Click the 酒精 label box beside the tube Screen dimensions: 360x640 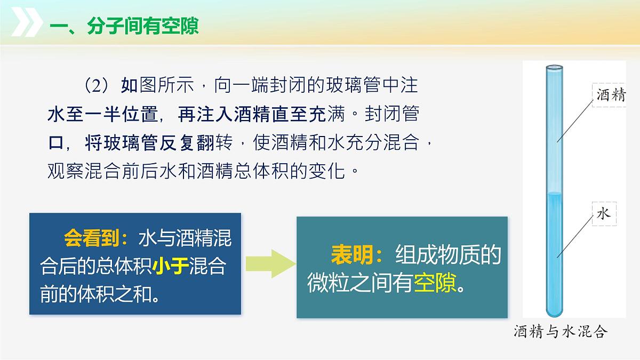tap(610, 95)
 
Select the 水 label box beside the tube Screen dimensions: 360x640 tap(603, 214)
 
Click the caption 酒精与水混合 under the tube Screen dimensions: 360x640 tap(561, 332)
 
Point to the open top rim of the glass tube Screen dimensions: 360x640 tap(554, 68)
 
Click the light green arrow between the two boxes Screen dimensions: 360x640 tap(270, 263)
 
